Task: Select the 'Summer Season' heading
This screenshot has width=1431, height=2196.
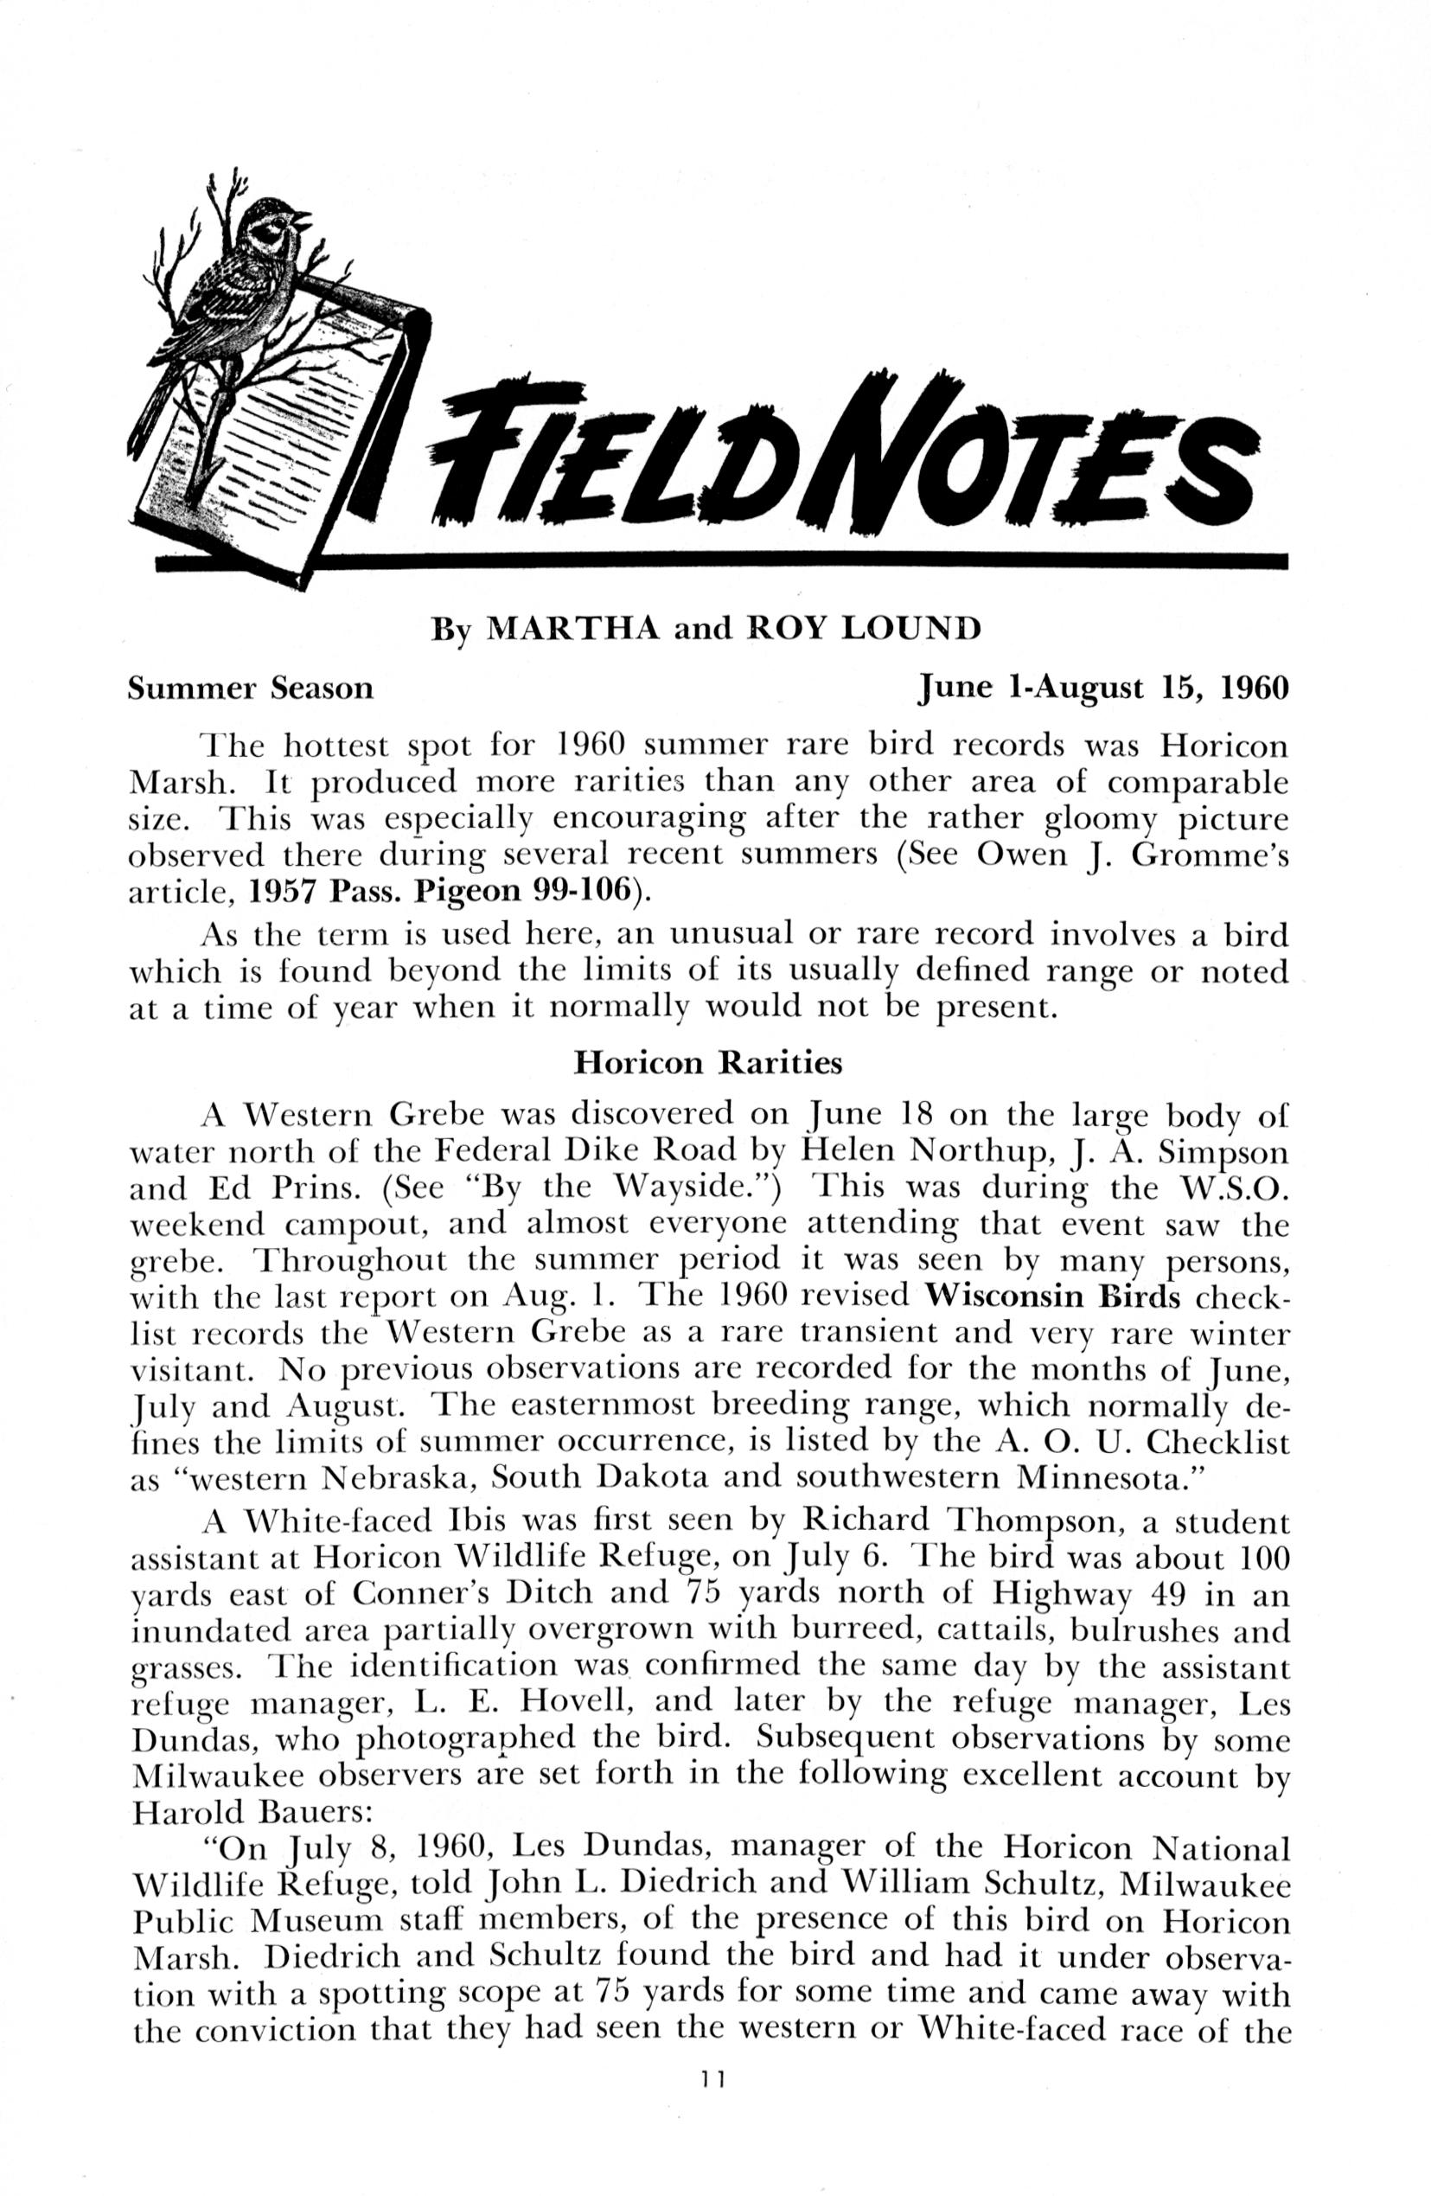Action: click(250, 688)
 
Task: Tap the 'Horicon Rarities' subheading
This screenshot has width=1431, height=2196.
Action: click(707, 1063)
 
